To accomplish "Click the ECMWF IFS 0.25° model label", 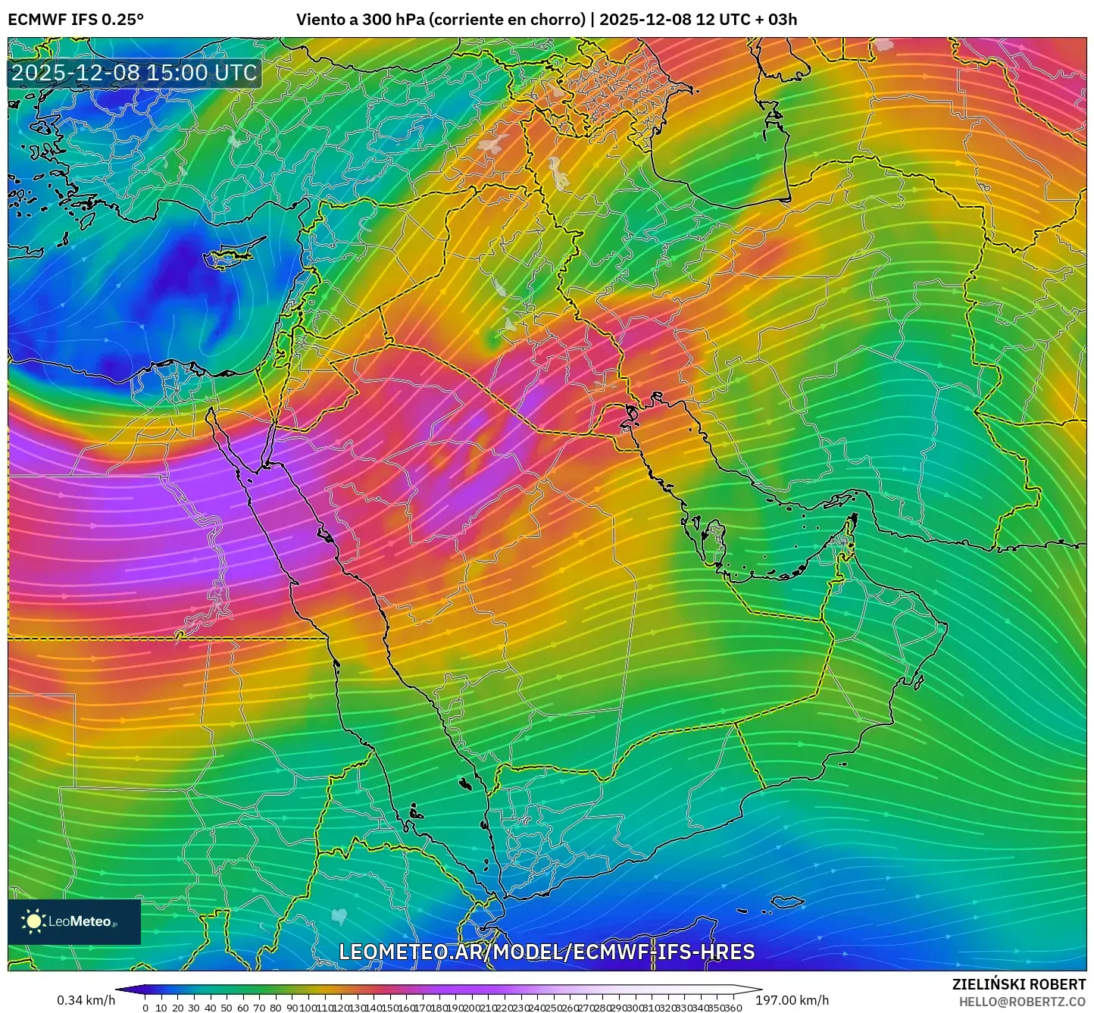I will tap(76, 20).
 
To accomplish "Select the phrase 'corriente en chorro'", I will tap(507, 20).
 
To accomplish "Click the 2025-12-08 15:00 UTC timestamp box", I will tap(134, 73).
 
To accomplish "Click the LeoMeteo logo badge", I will tap(74, 921).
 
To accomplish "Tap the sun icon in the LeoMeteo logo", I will tap(33, 921).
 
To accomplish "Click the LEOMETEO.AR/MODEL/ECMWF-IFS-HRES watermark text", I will tap(546, 952).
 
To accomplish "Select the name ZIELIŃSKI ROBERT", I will tap(1018, 984).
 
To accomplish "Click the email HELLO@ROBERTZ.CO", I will tap(1022, 1002).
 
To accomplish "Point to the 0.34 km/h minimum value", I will tap(86, 1000).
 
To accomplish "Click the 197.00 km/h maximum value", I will tap(792, 1000).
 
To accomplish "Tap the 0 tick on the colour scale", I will tap(145, 1008).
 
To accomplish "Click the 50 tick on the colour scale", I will tap(226, 1008).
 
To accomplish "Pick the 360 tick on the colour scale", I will tap(733, 1008).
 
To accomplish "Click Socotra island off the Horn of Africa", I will tap(788, 902).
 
